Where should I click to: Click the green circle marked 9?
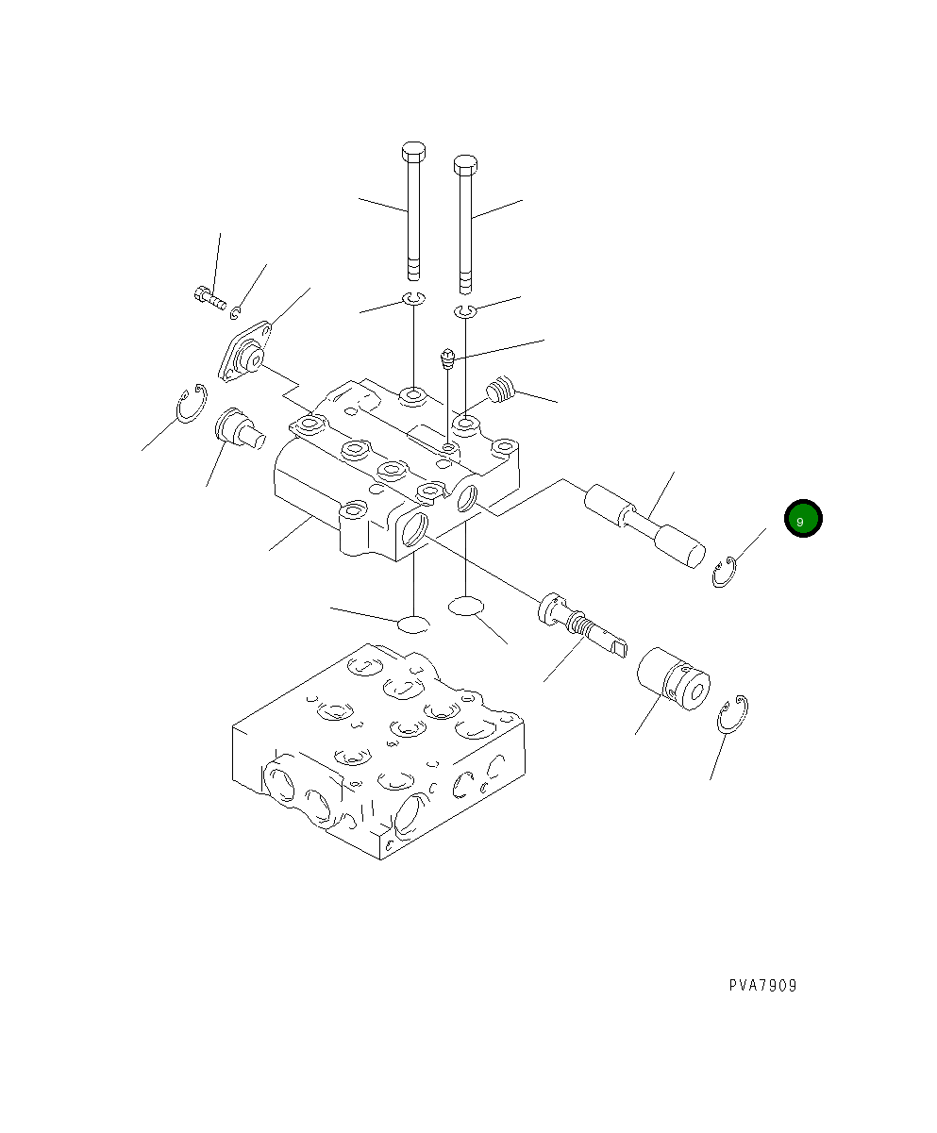click(803, 519)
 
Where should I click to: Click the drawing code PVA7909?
click(762, 986)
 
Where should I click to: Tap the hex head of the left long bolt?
click(413, 152)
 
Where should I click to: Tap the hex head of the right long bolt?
click(465, 165)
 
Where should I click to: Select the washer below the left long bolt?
click(413, 299)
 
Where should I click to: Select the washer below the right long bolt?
click(464, 312)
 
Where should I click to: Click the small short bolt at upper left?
click(209, 299)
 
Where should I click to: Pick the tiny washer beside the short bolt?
click(236, 313)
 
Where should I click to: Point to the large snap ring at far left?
click(192, 405)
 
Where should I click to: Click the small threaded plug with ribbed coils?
click(502, 390)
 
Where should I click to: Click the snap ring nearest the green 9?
click(724, 573)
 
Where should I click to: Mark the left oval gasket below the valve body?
click(413, 624)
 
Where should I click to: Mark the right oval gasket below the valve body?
click(466, 606)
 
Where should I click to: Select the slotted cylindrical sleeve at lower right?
click(673, 679)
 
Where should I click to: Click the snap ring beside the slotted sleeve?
click(733, 715)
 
